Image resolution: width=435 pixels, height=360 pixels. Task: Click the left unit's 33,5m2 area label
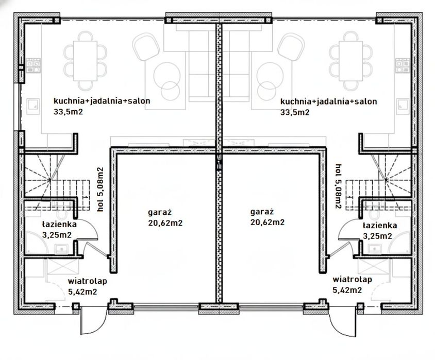point(68,112)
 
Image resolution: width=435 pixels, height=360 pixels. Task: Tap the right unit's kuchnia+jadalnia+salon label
point(329,101)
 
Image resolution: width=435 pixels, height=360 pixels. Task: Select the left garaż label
point(160,212)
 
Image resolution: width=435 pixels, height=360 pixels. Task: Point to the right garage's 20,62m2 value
point(267,222)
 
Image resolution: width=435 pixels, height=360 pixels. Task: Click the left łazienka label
point(59,224)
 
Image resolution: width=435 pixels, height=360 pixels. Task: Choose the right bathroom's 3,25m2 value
point(378,236)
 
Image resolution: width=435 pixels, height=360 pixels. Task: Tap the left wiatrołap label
point(88,281)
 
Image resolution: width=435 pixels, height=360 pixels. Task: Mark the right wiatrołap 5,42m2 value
point(347,290)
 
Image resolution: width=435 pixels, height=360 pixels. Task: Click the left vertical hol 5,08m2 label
point(100,190)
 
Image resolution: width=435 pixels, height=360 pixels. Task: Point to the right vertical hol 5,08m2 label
point(338,186)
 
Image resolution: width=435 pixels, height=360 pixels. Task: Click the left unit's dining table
point(85,61)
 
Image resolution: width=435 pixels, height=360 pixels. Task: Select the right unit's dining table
point(350,61)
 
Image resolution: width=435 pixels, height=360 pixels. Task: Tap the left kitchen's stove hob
point(34,65)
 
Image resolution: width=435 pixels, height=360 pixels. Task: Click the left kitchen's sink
point(33,107)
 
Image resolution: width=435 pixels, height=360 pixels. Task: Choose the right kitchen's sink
point(403,107)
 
